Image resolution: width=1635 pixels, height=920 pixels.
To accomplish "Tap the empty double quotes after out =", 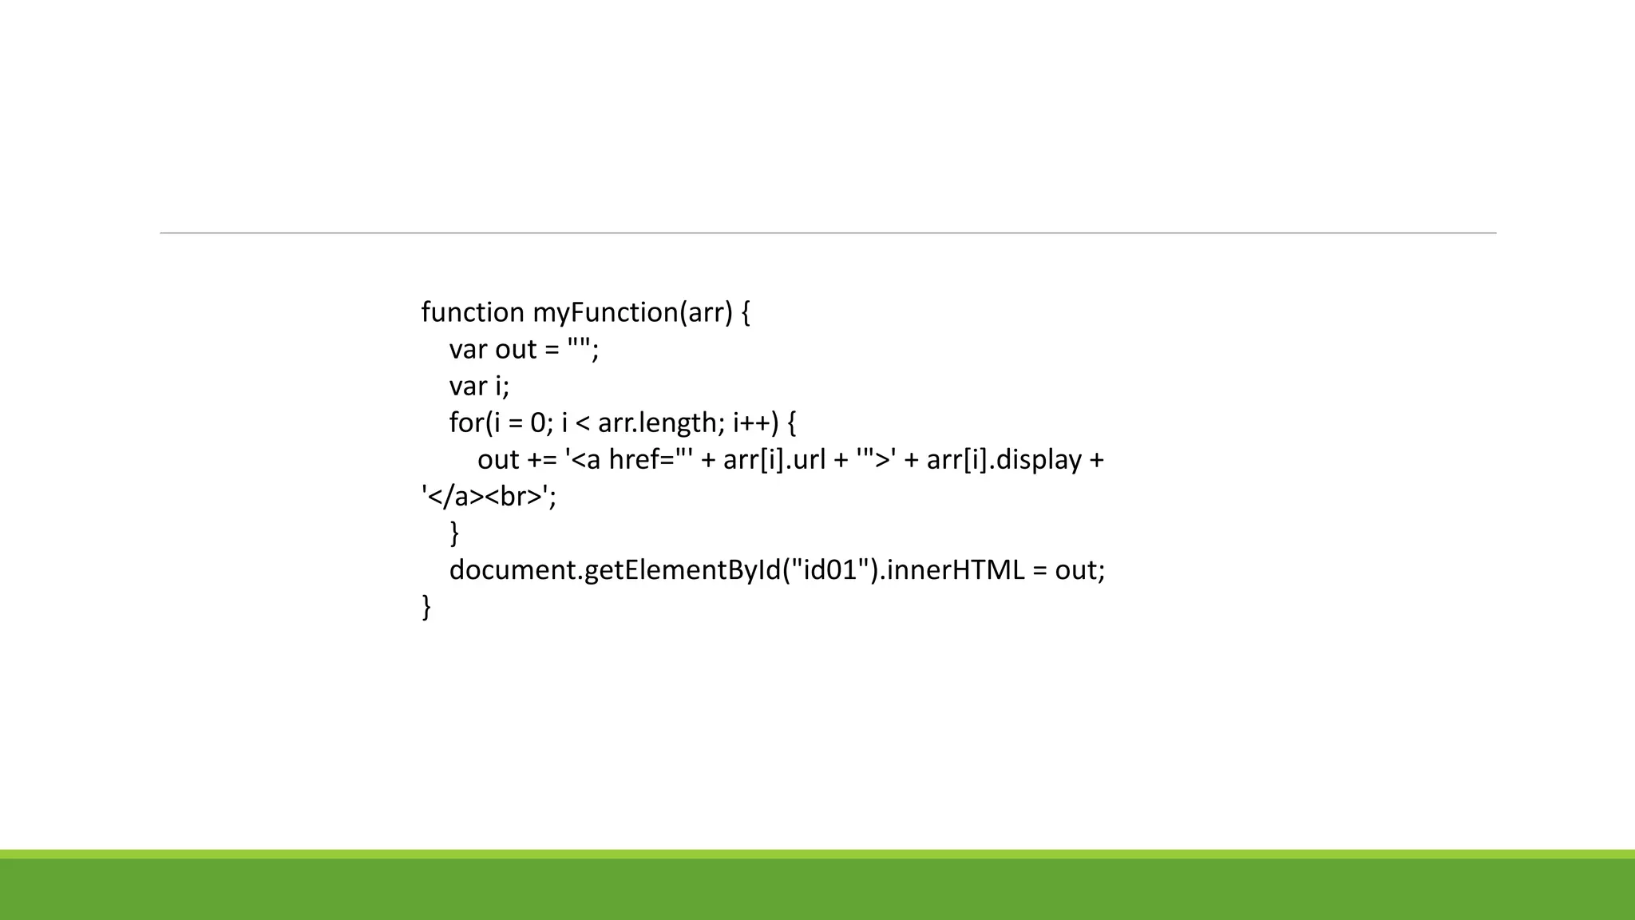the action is pos(579,349).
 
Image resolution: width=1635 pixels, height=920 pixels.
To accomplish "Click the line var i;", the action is pos(479,386).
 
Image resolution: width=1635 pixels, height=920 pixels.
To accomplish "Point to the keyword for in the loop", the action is pos(466,422).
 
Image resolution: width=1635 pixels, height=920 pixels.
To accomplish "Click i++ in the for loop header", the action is pos(751,422).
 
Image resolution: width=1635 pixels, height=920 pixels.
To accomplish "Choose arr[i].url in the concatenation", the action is pos(774,460).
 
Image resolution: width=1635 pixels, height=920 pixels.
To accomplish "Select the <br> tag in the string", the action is pos(513,497).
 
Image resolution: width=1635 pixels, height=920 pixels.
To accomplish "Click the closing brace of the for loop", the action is pos(454,533).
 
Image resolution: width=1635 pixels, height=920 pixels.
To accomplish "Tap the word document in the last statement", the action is pos(513,570).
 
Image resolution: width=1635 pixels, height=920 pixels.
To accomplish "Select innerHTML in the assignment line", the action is pos(955,570).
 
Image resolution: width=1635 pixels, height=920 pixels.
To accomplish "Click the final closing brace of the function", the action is pos(426,607).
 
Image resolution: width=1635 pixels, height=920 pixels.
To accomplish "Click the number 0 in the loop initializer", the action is pos(538,422).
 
